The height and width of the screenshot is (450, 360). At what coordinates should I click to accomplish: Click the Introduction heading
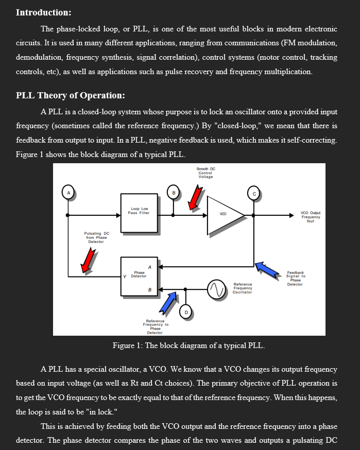(44, 12)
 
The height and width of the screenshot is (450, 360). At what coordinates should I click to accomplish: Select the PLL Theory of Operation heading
(71, 96)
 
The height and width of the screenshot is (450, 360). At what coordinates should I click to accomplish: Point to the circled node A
(67, 193)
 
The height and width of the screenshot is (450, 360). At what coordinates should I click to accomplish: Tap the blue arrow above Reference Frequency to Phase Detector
(168, 303)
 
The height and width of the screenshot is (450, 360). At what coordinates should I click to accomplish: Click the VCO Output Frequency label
(311, 217)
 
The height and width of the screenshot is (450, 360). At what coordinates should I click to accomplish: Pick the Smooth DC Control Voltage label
(205, 173)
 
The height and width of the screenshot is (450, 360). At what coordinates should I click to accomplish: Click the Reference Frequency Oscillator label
(243, 288)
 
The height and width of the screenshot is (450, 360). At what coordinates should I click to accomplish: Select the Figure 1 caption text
(188, 345)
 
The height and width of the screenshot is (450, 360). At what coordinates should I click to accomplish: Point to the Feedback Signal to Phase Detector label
(295, 278)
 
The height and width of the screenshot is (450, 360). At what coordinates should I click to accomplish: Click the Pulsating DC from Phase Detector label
(96, 237)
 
